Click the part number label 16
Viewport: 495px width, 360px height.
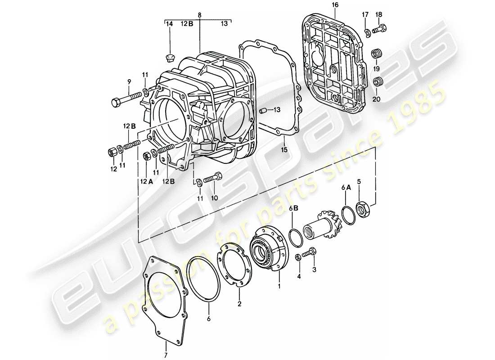point(334,4)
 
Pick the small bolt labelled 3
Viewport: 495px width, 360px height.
point(310,254)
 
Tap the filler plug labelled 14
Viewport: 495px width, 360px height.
point(170,56)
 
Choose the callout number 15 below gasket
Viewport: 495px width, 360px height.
point(284,149)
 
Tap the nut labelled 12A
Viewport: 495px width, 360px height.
point(146,156)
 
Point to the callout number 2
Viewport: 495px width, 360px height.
point(239,304)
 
